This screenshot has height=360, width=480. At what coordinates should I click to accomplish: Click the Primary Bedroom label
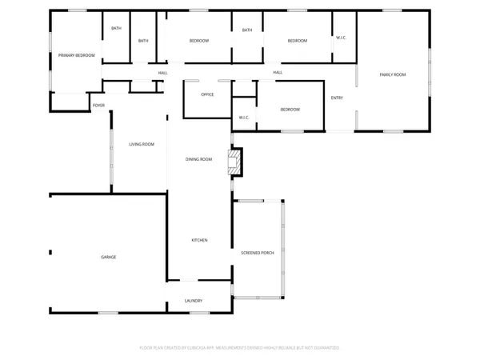coord(76,55)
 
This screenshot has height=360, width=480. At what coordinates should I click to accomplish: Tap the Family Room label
coord(392,74)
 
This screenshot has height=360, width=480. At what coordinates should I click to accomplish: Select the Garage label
coord(109,257)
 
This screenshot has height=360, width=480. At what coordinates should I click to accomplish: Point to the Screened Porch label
coord(258,253)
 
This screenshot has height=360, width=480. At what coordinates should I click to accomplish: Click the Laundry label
coord(193,301)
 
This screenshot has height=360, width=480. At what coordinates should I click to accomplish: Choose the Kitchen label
coord(199,240)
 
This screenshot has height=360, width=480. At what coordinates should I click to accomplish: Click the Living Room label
coord(142,144)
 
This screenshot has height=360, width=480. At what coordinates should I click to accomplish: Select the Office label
coord(207,94)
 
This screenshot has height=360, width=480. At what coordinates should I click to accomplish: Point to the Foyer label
coord(98,105)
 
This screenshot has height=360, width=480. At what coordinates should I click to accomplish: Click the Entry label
coord(338,98)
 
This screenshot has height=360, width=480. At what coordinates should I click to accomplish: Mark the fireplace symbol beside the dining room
coord(234,162)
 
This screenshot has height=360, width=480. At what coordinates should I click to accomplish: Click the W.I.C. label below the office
coord(244,118)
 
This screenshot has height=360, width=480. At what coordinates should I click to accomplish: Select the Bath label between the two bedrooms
coord(247,30)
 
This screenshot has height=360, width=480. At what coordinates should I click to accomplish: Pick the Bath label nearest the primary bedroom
coord(117,29)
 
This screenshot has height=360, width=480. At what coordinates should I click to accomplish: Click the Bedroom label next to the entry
coord(290,110)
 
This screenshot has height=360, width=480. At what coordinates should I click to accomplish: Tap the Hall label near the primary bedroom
coord(162,73)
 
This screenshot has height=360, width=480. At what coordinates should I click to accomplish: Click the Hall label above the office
coord(278,73)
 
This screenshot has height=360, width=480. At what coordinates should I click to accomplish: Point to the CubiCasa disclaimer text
coord(240,348)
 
